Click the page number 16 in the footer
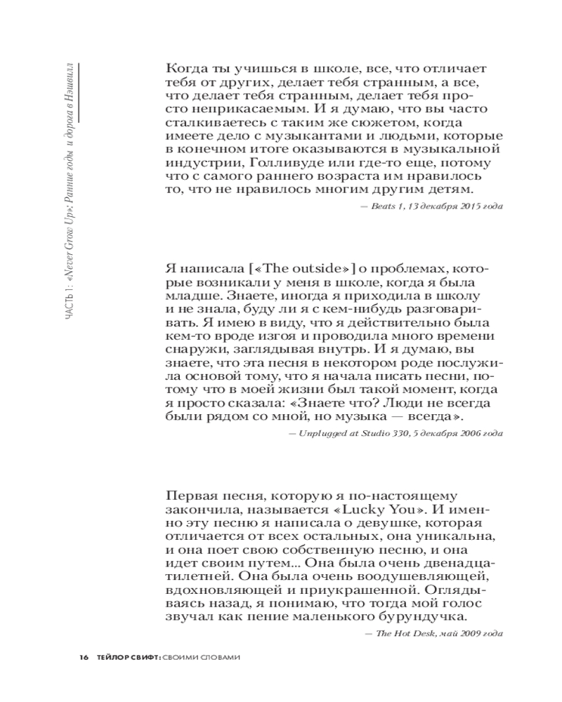[84, 658]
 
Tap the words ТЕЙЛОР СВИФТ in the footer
[127, 658]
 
